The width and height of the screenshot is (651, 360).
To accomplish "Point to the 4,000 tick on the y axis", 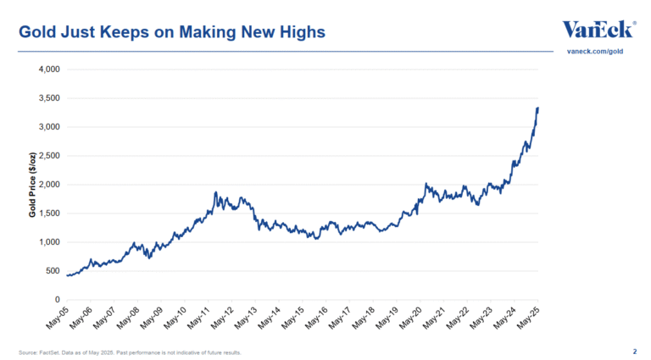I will point(47,69).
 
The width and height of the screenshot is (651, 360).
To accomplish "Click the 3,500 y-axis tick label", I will point(47,98).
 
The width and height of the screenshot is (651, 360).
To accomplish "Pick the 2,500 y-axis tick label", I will point(47,156).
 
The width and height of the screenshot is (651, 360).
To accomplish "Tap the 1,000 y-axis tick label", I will point(47,242).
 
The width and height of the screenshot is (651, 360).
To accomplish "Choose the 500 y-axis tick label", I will point(52,271).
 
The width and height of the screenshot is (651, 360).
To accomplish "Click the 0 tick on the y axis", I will point(56,300).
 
